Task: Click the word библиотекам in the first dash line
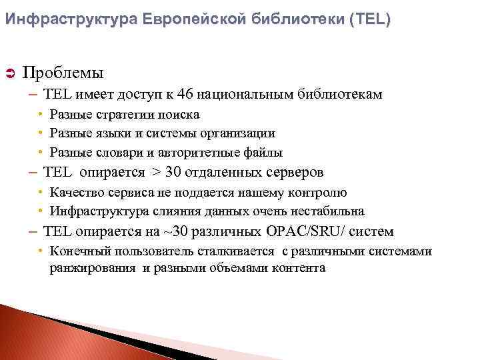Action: [x=337, y=95]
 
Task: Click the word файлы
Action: [x=266, y=152]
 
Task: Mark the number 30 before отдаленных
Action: [x=173, y=172]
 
